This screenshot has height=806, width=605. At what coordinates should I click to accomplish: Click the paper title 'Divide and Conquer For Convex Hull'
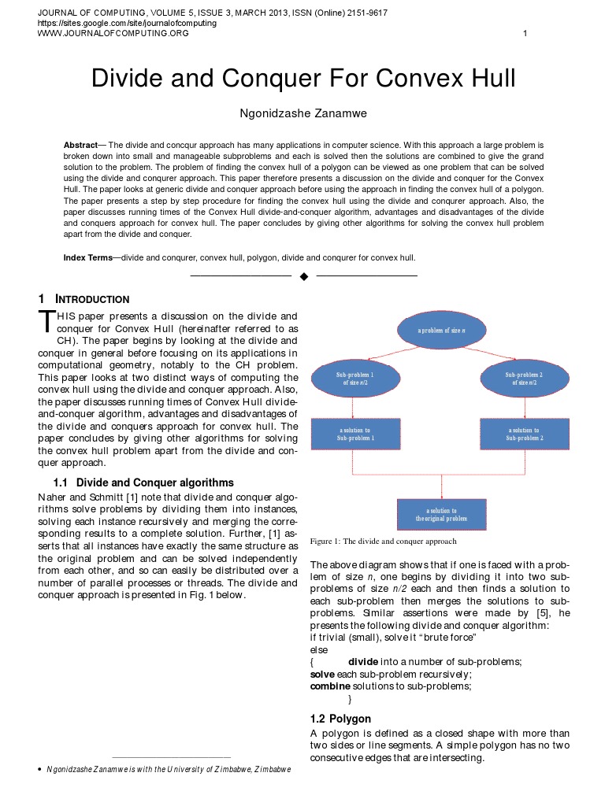(303, 78)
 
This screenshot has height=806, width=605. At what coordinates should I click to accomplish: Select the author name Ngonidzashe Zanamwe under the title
(303, 114)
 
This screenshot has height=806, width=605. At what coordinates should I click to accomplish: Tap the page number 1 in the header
(525, 33)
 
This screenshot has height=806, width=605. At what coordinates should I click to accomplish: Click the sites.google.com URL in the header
(127, 24)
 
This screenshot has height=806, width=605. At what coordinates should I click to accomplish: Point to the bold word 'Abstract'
(80, 146)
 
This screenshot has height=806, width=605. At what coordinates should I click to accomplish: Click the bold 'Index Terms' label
(87, 257)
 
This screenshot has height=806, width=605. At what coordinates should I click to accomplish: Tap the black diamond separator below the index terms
(304, 276)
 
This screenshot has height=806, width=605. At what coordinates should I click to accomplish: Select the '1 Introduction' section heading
(84, 299)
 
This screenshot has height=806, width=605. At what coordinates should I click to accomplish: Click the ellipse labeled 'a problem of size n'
(441, 331)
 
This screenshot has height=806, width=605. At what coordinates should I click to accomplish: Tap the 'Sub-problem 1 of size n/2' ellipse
(354, 379)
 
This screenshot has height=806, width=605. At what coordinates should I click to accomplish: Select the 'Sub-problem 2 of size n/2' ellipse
(524, 379)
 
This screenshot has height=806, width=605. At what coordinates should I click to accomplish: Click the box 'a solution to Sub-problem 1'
(355, 434)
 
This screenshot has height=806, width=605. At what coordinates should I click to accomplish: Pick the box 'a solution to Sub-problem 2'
(524, 434)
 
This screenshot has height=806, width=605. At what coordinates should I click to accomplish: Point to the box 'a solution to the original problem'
(441, 514)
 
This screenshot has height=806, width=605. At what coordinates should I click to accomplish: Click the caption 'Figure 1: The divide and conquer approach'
(384, 542)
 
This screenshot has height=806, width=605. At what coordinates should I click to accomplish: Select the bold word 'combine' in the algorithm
(329, 686)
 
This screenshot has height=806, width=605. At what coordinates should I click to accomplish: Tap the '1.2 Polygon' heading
(340, 719)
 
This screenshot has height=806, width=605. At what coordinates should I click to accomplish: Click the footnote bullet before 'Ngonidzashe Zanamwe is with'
(40, 769)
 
